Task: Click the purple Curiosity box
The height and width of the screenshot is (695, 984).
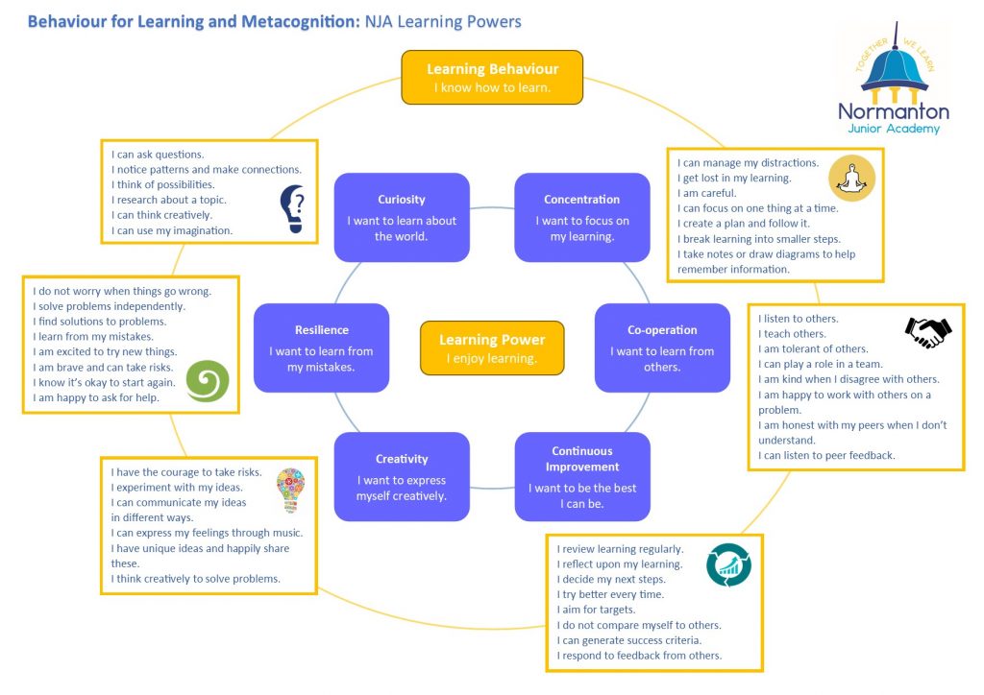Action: point(402,217)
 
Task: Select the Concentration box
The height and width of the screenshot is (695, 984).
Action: point(581,217)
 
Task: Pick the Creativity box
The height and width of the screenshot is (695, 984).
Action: point(402,476)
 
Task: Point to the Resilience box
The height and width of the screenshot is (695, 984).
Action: point(322,347)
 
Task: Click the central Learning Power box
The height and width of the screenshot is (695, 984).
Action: point(492,348)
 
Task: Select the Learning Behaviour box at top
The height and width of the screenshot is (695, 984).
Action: point(492,77)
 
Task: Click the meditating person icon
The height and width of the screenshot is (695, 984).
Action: point(851,178)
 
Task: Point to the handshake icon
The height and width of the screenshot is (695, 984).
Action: point(927,332)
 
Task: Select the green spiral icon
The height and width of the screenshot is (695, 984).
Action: point(207,381)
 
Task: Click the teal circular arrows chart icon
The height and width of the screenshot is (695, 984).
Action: point(728,564)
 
